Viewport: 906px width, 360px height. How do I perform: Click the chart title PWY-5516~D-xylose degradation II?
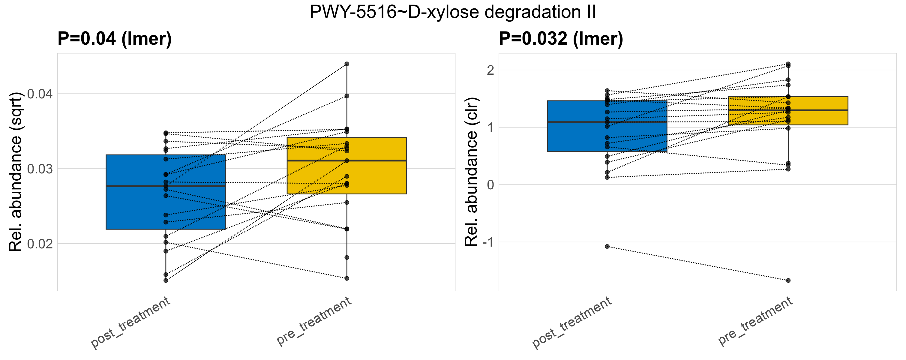pos(453,12)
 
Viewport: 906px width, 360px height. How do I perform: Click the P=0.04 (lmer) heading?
pos(115,38)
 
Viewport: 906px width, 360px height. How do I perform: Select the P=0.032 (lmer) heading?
pos(561,38)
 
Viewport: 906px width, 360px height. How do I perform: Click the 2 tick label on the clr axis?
pos(490,70)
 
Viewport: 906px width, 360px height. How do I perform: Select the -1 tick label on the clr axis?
pos(488,242)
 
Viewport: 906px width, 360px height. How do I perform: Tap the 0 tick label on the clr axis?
pos(490,185)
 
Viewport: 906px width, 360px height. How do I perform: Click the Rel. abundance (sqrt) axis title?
pos(16,172)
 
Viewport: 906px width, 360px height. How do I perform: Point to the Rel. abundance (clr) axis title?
pos(471,172)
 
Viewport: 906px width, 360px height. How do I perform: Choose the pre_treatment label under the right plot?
pos(755,321)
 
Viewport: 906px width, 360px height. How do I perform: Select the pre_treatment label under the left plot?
pos(314,321)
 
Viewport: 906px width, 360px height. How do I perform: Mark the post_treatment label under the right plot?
pos(572,323)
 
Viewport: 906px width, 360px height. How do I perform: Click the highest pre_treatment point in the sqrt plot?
pos(347,64)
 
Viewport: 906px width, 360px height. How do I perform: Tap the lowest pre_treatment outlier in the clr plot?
pos(788,280)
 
